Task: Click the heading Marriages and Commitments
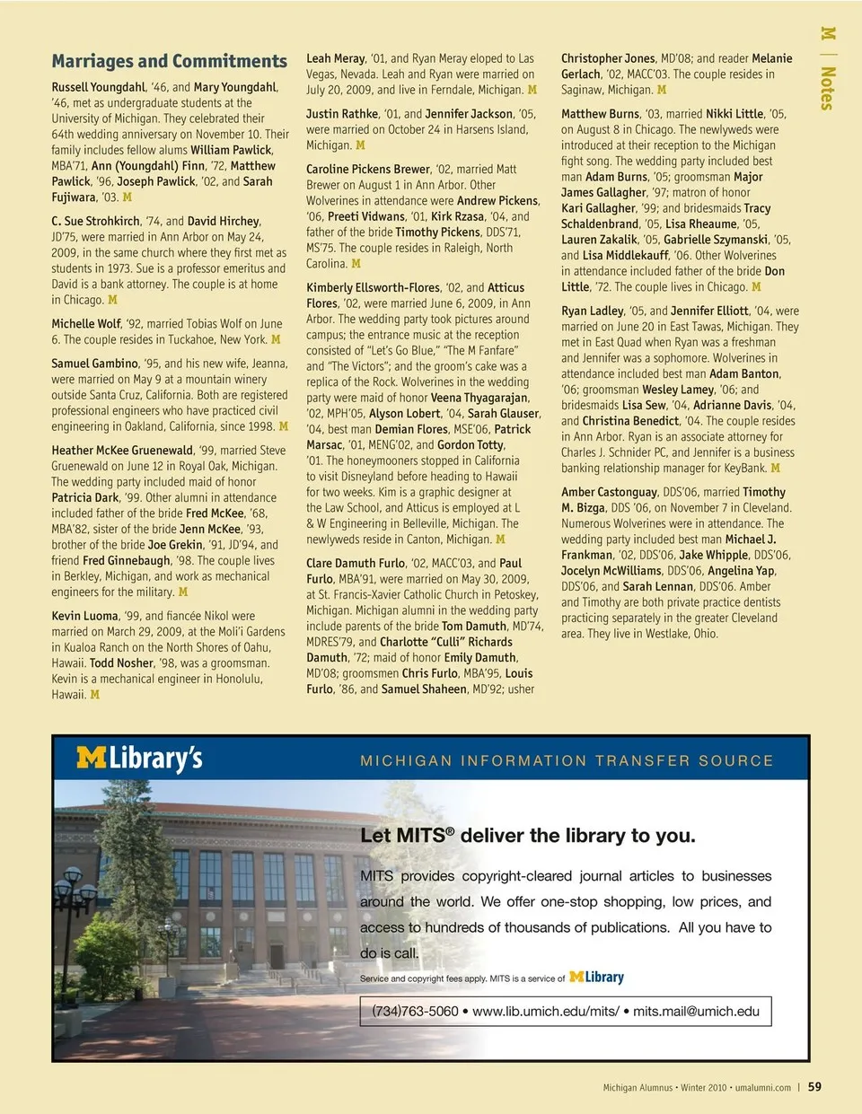[169, 61]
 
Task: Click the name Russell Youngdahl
[99, 87]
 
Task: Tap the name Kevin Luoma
[85, 616]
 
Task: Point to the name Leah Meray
[336, 58]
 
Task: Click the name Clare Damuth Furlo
[356, 563]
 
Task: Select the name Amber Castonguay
[609, 492]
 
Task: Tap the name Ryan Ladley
[593, 311]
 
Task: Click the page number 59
[814, 1086]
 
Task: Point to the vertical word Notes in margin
[827, 88]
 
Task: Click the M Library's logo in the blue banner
[139, 759]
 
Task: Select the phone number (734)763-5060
[415, 1011]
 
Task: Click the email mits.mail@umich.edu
[696, 1011]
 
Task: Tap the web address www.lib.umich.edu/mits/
[545, 1011]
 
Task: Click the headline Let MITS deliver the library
[527, 835]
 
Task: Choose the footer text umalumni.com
[762, 1087]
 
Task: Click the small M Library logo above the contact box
[596, 977]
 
